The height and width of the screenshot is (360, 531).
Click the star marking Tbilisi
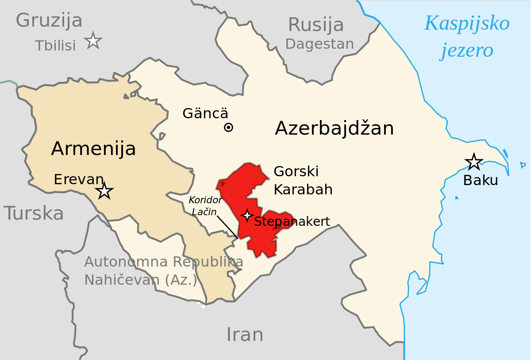tap(93, 41)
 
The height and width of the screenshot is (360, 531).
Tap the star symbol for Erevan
tap(104, 191)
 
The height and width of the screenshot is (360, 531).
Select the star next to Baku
tap(474, 162)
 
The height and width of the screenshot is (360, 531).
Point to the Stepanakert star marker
tap(247, 215)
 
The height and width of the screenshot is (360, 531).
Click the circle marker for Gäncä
tap(228, 128)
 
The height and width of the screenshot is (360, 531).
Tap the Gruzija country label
tap(49, 20)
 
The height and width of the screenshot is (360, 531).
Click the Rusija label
tap(316, 25)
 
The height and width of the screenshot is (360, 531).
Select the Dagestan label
tap(319, 44)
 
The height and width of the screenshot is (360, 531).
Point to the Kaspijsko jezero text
tap(467, 36)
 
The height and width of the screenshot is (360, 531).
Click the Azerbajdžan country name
tap(334, 128)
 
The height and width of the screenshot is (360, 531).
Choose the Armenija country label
tap(93, 148)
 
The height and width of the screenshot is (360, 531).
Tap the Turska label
tap(34, 213)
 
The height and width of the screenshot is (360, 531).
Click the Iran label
tap(245, 334)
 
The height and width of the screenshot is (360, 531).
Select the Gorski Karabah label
tap(303, 180)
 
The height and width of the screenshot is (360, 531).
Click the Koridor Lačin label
tap(205, 205)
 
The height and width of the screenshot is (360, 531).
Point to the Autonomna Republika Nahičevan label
tap(163, 271)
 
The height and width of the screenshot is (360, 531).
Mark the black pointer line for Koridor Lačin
tap(228, 228)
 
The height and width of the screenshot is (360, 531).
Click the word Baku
tap(481, 180)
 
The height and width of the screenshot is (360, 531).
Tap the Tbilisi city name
tap(55, 45)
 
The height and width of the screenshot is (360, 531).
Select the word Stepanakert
tap(292, 221)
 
